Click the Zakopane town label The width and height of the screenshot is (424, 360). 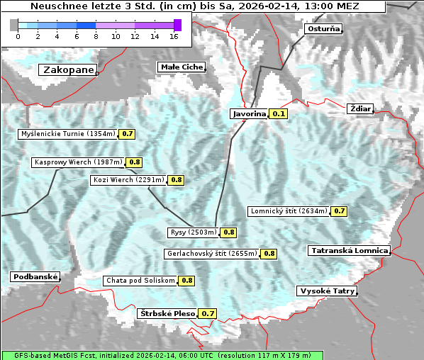tap(68, 70)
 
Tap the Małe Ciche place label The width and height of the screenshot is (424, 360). tap(181, 67)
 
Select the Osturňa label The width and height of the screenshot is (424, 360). tap(323, 29)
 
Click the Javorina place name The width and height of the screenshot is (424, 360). tap(249, 113)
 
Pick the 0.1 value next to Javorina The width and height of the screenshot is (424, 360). tap(279, 113)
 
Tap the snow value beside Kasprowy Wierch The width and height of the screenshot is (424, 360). tap(134, 162)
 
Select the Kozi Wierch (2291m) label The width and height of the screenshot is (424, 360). tap(128, 180)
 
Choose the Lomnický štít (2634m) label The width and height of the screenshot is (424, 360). tap(289, 210)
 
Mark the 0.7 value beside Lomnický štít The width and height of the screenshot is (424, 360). tap(340, 210)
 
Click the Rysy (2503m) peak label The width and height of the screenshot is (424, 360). tap(193, 232)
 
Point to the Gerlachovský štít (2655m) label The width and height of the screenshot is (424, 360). tap(211, 253)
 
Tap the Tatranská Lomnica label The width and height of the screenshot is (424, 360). tap(349, 250)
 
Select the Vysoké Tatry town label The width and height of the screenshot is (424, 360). tap(327, 291)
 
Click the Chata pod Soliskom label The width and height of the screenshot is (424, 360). tap(139, 280)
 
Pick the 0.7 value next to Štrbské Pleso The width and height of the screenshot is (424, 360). tap(208, 313)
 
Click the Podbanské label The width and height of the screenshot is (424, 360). tap(35, 276)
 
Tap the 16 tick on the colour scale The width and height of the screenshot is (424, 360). tap(174, 36)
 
